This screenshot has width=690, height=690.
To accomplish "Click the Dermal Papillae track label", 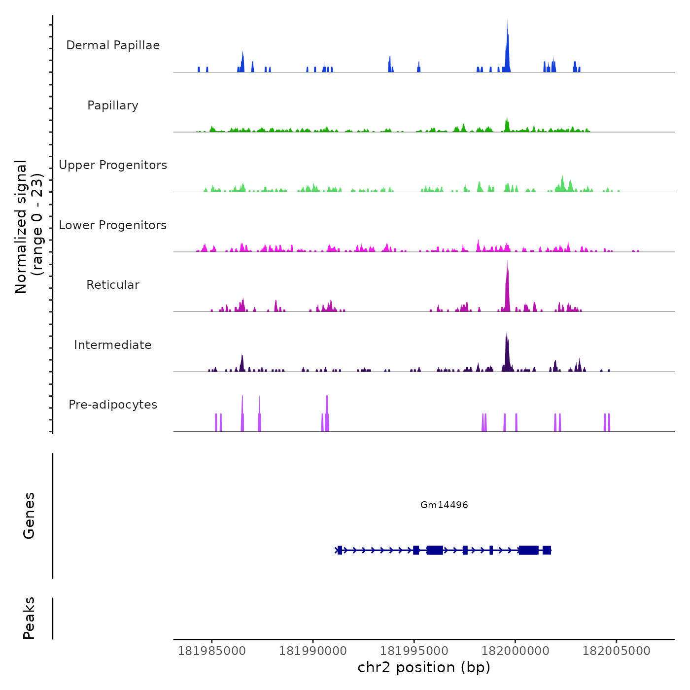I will coord(113,45).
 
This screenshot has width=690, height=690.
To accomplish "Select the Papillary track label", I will coord(113,105).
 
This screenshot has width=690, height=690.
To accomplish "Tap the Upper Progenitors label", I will coord(113,165).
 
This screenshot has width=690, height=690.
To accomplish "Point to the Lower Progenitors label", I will coord(113,225).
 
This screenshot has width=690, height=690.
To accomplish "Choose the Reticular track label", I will coord(113,285).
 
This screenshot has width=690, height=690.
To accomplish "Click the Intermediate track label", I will coord(113,345).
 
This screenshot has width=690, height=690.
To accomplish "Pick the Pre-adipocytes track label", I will coord(113,405).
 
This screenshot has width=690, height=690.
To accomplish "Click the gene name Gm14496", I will coord(444,505).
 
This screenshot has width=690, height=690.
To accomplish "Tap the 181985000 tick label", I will coord(211,651).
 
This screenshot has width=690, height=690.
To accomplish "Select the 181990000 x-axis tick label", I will coord(313,651).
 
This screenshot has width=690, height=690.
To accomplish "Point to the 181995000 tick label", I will coord(414,651).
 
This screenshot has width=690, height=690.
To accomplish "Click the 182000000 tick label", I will coord(515,651).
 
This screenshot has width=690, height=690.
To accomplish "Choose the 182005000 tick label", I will coord(616,651).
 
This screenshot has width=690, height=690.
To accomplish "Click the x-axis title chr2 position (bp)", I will coord(424,667).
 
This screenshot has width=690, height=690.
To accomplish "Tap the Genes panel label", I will coord(29,516).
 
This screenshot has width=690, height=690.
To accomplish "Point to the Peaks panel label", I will coord(29,618).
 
